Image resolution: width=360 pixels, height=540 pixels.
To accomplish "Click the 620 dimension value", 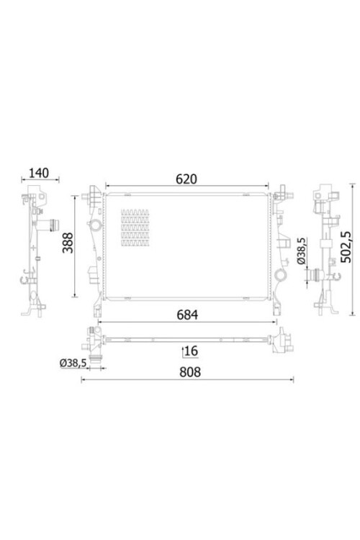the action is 186,179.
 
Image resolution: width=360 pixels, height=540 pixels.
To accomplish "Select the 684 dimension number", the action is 187,315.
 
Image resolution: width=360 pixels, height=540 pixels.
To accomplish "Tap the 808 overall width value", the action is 190,372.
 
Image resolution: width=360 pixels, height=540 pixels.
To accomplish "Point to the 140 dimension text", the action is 39,173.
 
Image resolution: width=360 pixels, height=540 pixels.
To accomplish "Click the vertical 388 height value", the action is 68,243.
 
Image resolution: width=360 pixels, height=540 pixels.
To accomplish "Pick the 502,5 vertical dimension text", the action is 346,246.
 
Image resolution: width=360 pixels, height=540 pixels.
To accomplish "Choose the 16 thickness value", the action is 192,351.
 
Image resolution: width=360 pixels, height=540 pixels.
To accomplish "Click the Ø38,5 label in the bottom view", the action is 72,363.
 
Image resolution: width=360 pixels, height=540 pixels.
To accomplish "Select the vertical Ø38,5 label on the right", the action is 301,251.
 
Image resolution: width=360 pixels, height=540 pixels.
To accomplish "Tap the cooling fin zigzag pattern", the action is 135,228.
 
